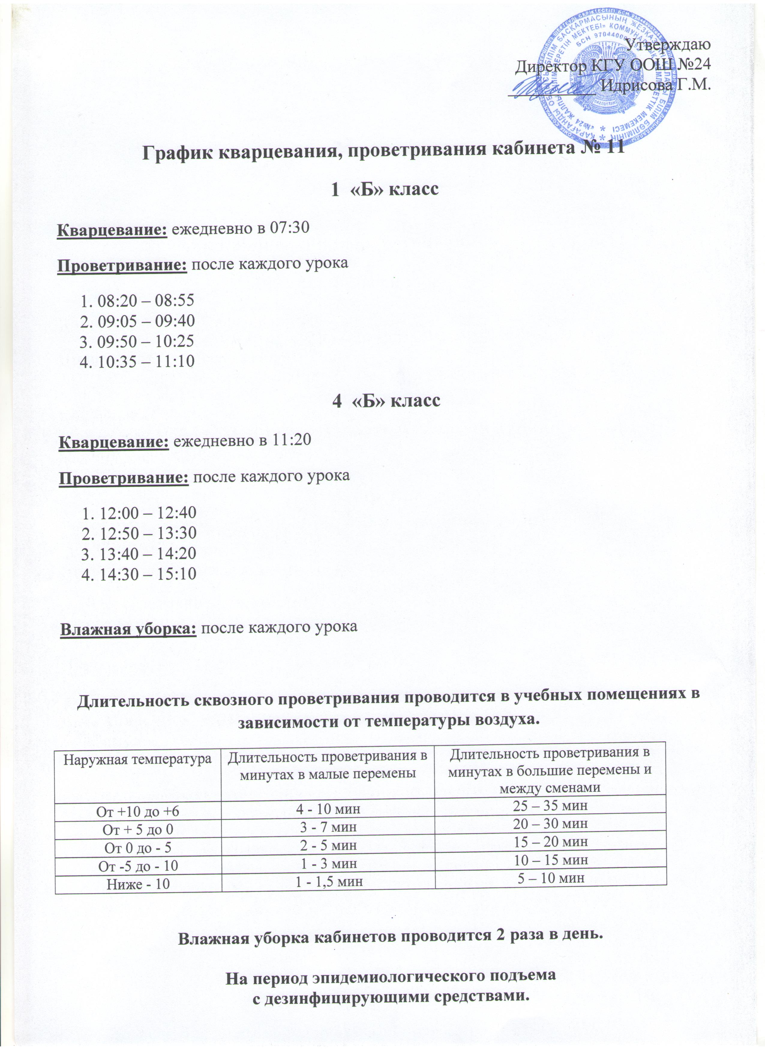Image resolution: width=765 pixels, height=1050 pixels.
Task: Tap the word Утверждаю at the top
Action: click(x=667, y=45)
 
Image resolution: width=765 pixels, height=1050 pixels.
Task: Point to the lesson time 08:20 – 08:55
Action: click(x=146, y=301)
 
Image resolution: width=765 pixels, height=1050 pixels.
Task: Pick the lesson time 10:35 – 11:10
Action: click(x=146, y=361)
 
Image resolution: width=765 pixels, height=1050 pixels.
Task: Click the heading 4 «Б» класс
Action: click(x=386, y=401)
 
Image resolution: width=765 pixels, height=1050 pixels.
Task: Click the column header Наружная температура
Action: click(x=137, y=759)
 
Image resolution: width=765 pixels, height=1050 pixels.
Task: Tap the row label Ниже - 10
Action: click(x=138, y=884)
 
